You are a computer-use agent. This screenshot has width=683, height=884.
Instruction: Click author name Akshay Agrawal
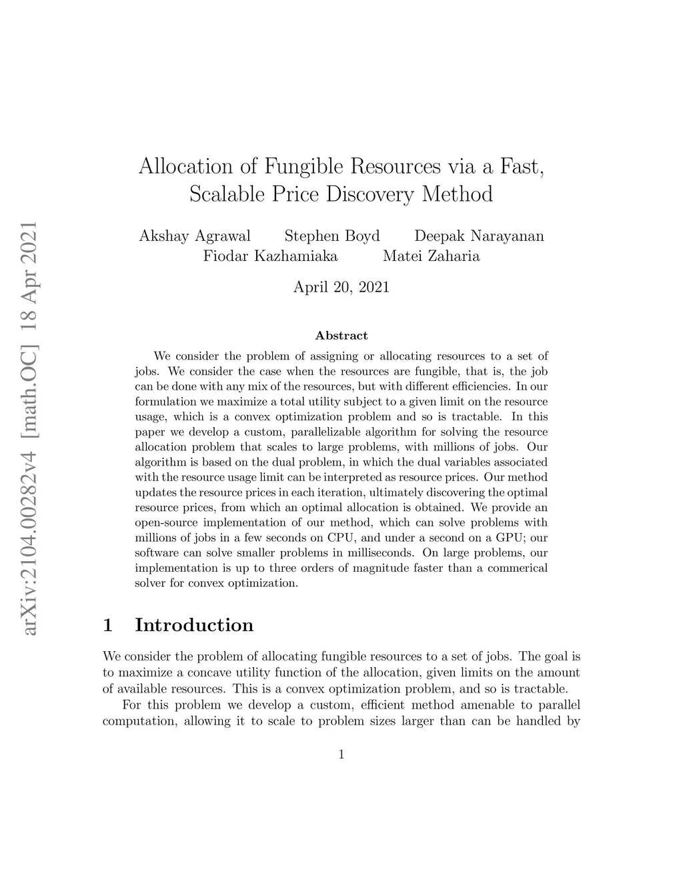195,236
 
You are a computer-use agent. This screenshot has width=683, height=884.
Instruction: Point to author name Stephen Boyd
332,236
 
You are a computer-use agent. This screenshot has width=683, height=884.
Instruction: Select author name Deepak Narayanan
479,236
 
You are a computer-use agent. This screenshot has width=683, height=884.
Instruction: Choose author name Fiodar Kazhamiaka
270,256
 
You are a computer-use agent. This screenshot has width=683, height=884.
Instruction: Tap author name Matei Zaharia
431,256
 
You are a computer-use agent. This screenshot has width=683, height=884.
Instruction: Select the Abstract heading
341,336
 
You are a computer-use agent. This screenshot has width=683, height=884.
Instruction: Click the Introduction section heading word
194,625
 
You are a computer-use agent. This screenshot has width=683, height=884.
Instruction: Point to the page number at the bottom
341,755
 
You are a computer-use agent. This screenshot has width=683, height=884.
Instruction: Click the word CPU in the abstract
341,537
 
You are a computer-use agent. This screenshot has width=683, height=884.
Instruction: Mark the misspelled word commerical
518,568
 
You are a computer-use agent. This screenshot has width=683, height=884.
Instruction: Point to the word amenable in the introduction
487,705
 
